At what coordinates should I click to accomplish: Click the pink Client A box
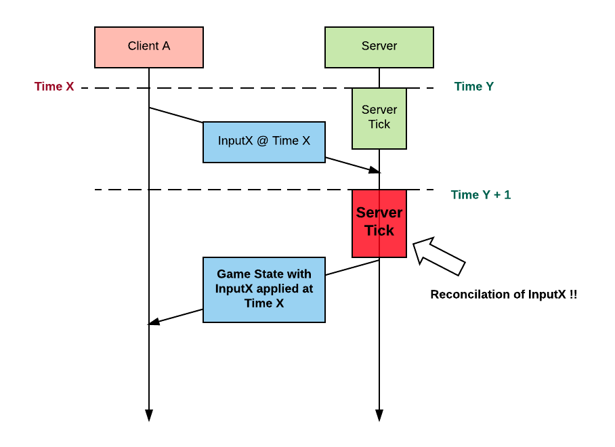pyautogui.click(x=149, y=47)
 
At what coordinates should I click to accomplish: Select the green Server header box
pyautogui.click(x=379, y=47)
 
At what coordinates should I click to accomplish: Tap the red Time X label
pyautogui.click(x=54, y=87)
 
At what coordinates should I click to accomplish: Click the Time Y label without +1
pyautogui.click(x=473, y=87)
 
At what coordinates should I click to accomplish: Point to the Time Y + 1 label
pyautogui.click(x=481, y=195)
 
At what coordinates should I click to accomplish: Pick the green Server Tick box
pyautogui.click(x=379, y=119)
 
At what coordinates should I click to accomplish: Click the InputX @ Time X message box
pyautogui.click(x=264, y=142)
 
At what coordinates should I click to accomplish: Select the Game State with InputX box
pyautogui.click(x=264, y=289)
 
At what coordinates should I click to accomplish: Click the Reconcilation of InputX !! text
pyautogui.click(x=503, y=295)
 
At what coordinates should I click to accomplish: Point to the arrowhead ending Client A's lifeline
pyautogui.click(x=149, y=415)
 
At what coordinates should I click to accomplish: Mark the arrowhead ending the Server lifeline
pyautogui.click(x=379, y=415)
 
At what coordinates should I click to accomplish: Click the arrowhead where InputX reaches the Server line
pyautogui.click(x=375, y=169)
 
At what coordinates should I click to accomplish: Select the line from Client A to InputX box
pyautogui.click(x=176, y=115)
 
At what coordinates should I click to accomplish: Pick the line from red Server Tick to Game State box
pyautogui.click(x=352, y=268)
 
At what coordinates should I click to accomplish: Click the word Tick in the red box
pyautogui.click(x=379, y=231)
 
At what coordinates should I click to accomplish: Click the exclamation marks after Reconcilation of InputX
pyautogui.click(x=573, y=295)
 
